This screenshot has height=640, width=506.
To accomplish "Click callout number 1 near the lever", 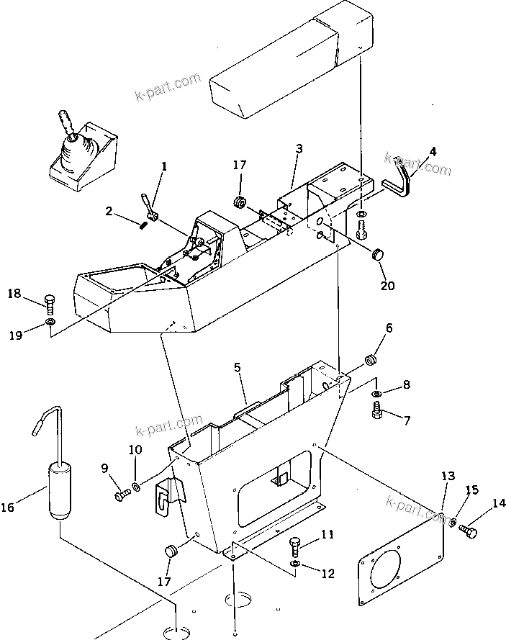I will click(164, 166).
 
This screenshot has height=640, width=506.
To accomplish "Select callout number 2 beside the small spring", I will click(109, 211).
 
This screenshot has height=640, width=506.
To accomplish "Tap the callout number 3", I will click(299, 149).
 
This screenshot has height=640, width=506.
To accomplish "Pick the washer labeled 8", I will click(378, 394).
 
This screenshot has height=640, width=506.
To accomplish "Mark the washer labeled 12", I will click(295, 562).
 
